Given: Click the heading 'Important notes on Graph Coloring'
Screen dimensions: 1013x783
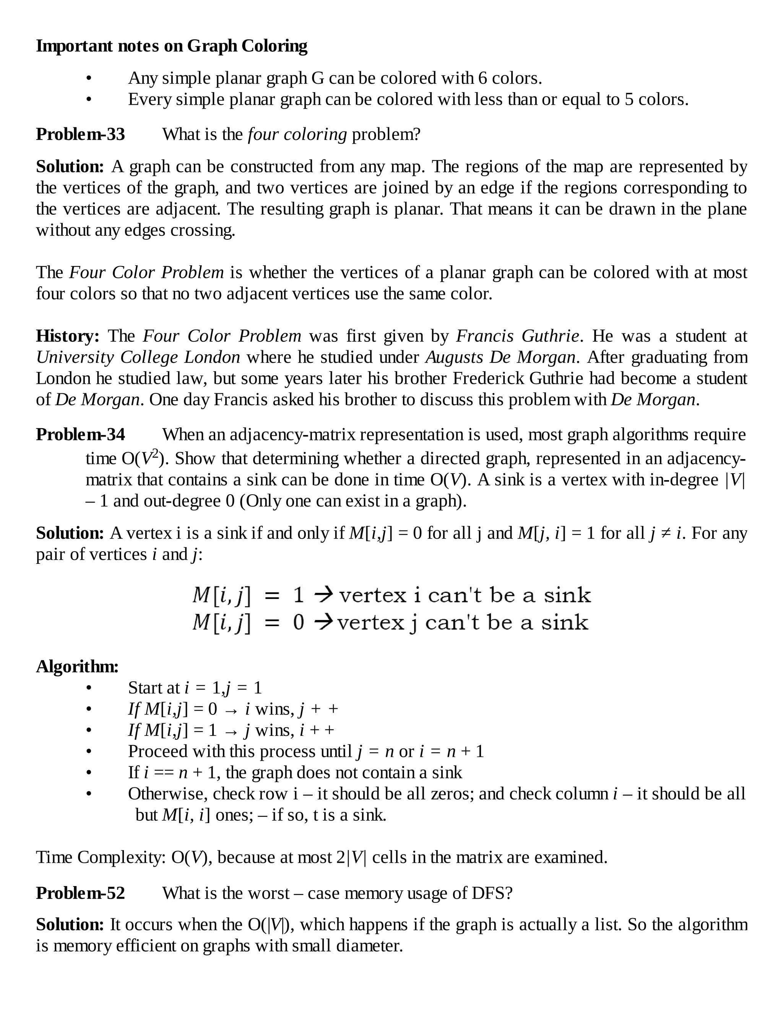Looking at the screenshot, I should coord(172,46).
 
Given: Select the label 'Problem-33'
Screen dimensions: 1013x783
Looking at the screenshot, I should coord(81,134).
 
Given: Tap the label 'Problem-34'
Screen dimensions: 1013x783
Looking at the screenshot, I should coord(81,434).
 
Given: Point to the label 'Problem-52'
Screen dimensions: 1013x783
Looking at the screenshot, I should coord(81,893).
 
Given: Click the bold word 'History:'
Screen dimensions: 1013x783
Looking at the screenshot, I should coord(68,336).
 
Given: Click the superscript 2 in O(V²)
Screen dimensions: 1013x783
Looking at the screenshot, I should coord(156,453).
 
